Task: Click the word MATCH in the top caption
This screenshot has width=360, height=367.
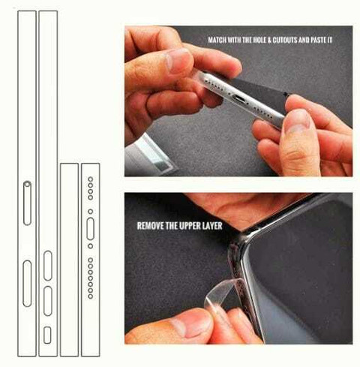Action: pos(217,40)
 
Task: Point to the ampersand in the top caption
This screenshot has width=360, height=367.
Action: pos(269,40)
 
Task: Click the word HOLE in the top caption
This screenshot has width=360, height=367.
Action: pos(259,40)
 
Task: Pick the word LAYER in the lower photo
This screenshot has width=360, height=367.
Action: pos(212,226)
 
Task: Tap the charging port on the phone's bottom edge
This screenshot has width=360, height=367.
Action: pos(240,98)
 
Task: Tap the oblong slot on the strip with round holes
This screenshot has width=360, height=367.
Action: pos(91,229)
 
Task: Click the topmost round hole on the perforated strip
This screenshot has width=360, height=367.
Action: pos(91,179)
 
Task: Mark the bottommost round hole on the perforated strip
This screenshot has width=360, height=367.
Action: pos(91,296)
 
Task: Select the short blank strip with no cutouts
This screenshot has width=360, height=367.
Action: pos(69,260)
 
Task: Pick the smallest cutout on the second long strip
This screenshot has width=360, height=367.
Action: pos(47,335)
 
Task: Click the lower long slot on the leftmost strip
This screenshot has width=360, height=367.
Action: pos(27,284)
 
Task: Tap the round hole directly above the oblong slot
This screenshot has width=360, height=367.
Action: pos(91,212)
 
